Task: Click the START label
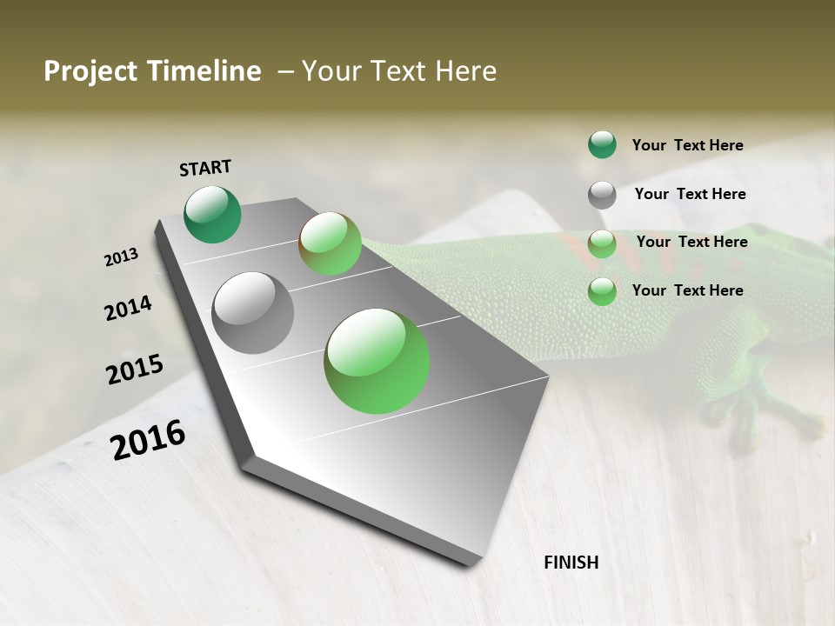pos(205,167)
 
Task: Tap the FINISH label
pos(571,563)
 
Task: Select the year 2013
pos(122,257)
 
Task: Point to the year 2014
pos(128,308)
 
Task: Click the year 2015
pos(135,370)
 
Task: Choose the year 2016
pos(148,439)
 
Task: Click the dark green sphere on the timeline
pos(213,214)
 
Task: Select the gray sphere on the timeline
pos(253,313)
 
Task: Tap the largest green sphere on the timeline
pos(377,361)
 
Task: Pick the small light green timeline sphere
pos(330,243)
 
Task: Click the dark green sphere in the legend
pos(602,144)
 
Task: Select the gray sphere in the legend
pos(602,195)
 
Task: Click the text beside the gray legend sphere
pos(690,194)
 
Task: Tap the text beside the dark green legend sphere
pos(687,145)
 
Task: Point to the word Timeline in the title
pos(205,71)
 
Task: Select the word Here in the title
pos(465,71)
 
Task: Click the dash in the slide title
pos(285,71)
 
